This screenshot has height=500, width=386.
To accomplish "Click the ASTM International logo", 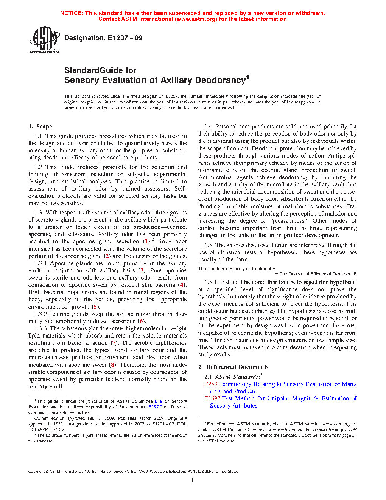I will coord(44,40).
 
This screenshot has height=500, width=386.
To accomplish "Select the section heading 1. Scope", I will coord(40,127).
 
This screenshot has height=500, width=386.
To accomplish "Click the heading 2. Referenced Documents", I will coord(233,367).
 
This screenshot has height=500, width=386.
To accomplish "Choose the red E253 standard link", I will coord(211,384).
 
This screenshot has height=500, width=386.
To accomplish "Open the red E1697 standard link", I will coord(212,398).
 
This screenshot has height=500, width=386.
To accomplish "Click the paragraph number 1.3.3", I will coord(41,328).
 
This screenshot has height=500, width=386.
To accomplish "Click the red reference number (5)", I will coord(95,307).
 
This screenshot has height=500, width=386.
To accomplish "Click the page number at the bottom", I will coord(193,481).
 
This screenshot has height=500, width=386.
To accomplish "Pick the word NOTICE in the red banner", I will coord(72,13).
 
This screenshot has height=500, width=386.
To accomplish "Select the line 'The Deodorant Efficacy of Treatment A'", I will coord(237,269).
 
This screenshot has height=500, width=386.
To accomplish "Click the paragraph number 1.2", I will coord(38,167).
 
